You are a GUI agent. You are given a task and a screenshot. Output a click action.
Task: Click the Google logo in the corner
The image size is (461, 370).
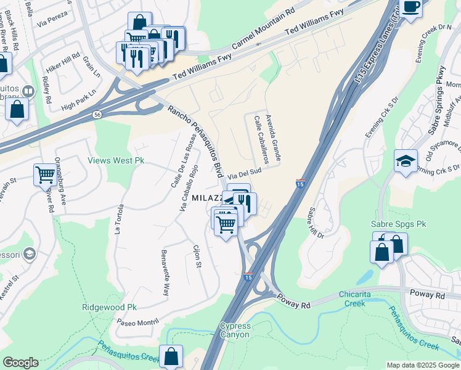point(20,363)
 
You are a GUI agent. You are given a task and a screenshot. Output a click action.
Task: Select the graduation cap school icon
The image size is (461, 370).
point(406,162)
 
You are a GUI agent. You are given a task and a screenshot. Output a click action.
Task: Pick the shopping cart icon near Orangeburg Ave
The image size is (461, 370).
point(45,175)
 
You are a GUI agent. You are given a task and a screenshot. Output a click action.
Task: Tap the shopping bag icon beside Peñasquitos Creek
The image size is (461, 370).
point(171,356)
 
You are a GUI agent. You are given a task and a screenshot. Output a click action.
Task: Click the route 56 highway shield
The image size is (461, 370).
point(97,115)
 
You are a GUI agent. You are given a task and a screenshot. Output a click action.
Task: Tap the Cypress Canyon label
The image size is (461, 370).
point(235,330)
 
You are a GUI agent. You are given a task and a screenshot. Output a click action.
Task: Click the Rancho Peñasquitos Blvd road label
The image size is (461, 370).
point(196,141)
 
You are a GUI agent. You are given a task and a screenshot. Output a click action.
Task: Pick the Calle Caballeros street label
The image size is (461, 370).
point(259,136)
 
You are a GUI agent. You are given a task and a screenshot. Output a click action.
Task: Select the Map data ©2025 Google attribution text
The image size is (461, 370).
point(423,364)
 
